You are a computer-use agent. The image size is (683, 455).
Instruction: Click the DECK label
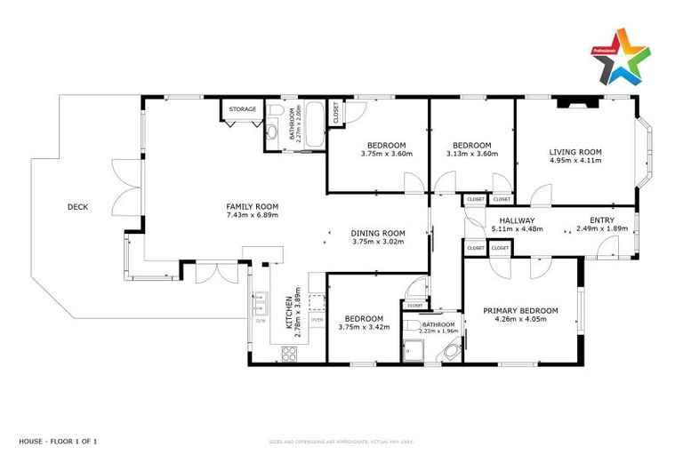tap(77, 207)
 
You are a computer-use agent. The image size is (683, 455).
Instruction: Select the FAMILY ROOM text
tap(253, 206)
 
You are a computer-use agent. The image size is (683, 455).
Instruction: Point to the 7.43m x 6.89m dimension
tap(253, 215)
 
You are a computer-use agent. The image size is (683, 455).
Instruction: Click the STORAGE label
tap(243, 109)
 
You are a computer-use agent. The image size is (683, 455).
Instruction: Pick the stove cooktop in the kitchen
tap(290, 353)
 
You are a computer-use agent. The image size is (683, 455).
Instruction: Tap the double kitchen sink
tap(261, 305)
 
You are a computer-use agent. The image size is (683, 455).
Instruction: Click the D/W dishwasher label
tap(261, 321)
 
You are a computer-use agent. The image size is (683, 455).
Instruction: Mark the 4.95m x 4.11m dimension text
tap(575, 162)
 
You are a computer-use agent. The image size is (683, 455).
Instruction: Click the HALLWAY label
tap(516, 220)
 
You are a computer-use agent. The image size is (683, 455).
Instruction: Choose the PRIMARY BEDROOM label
tap(520, 310)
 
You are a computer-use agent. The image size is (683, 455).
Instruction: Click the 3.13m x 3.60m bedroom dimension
tap(471, 154)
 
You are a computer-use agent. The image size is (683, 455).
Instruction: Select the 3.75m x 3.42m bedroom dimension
tap(364, 327)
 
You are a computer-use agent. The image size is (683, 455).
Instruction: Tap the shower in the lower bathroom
tap(412, 349)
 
